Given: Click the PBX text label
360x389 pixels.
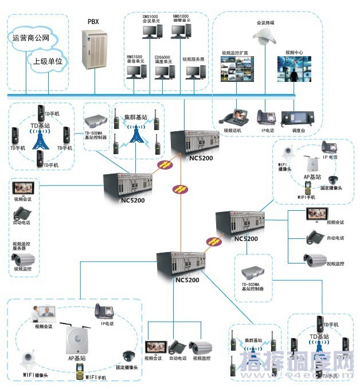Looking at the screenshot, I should [x=92, y=21].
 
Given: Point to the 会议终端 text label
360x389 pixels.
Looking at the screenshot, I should [x=265, y=23].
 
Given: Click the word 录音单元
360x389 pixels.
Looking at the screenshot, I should [x=135, y=61].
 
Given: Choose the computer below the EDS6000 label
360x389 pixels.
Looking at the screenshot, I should [x=165, y=72].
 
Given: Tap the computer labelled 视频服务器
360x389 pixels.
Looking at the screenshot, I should [x=194, y=72].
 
